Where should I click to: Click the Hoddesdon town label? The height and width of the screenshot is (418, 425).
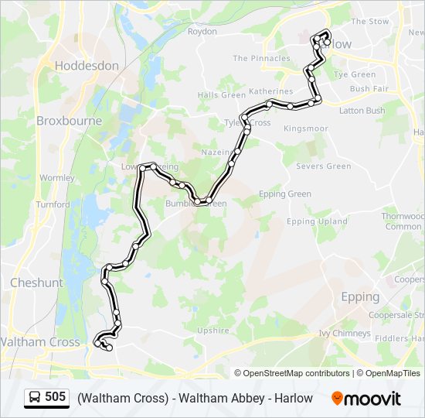87,66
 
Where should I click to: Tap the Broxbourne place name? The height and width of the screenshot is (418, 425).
68,121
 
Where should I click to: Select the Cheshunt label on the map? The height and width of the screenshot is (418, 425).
36,283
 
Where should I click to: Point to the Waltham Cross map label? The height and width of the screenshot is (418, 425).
39,341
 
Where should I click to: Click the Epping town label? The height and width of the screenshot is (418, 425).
360,296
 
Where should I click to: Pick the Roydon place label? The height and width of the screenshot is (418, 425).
202,32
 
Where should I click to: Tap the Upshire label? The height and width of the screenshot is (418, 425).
213,331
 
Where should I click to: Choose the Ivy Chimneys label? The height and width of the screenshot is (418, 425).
345,334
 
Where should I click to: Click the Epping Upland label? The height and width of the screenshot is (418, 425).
317,221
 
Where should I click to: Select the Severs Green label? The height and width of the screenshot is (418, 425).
323,166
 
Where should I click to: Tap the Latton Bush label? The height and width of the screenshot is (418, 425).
362,111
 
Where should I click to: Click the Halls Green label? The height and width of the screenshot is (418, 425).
221,95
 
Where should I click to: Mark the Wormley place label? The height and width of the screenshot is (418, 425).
56,177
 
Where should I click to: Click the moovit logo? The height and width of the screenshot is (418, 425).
366,399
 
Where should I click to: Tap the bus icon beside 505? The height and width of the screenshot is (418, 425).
35,398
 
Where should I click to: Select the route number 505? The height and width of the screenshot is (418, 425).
56,398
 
